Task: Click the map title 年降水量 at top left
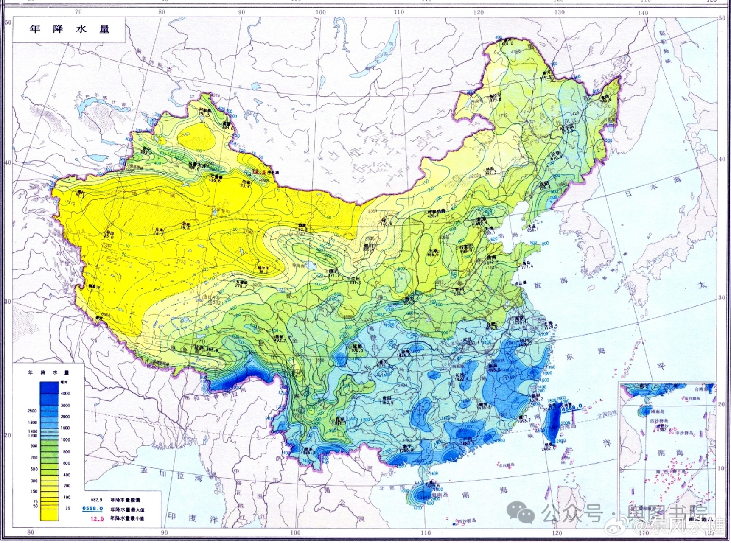pos(69,29)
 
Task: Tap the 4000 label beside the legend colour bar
pos(65,394)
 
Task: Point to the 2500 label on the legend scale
pos(33,411)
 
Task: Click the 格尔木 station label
pos(263,269)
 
